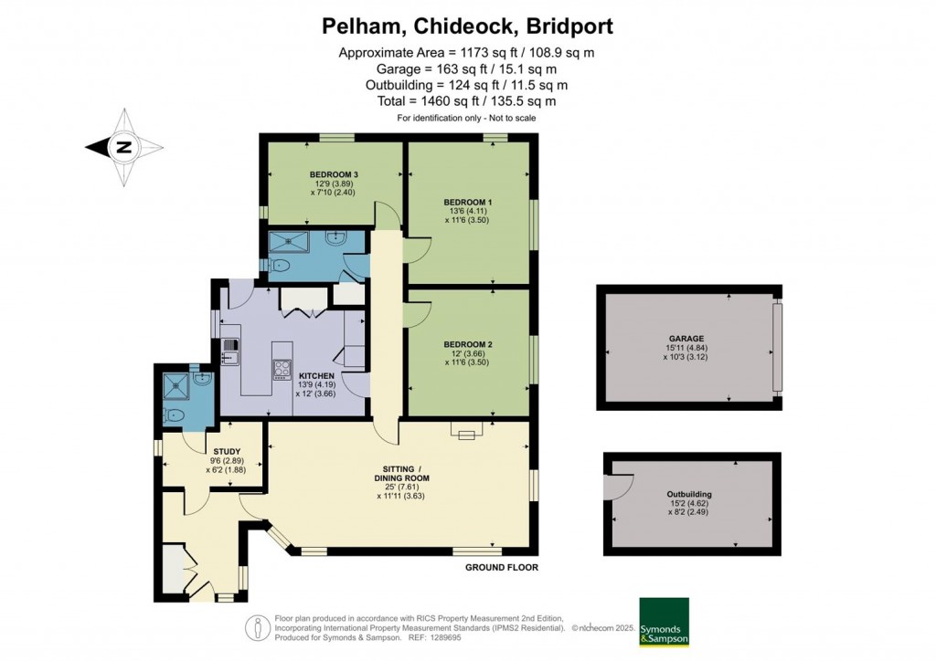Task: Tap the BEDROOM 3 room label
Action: pyautogui.click(x=330, y=174)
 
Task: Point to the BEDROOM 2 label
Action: pyautogui.click(x=467, y=344)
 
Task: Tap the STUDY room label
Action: pyautogui.click(x=227, y=451)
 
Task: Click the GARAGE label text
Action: pyautogui.click(x=686, y=338)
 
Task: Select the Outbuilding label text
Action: pyautogui.click(x=689, y=495)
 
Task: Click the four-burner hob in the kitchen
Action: pyautogui.click(x=281, y=368)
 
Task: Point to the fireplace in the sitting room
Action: pyautogui.click(x=467, y=433)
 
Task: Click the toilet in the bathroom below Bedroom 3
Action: pyautogui.click(x=280, y=266)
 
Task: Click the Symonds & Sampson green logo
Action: pyautogui.click(x=664, y=622)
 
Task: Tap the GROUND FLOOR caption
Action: pyautogui.click(x=503, y=567)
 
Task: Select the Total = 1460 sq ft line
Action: pyautogui.click(x=467, y=101)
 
